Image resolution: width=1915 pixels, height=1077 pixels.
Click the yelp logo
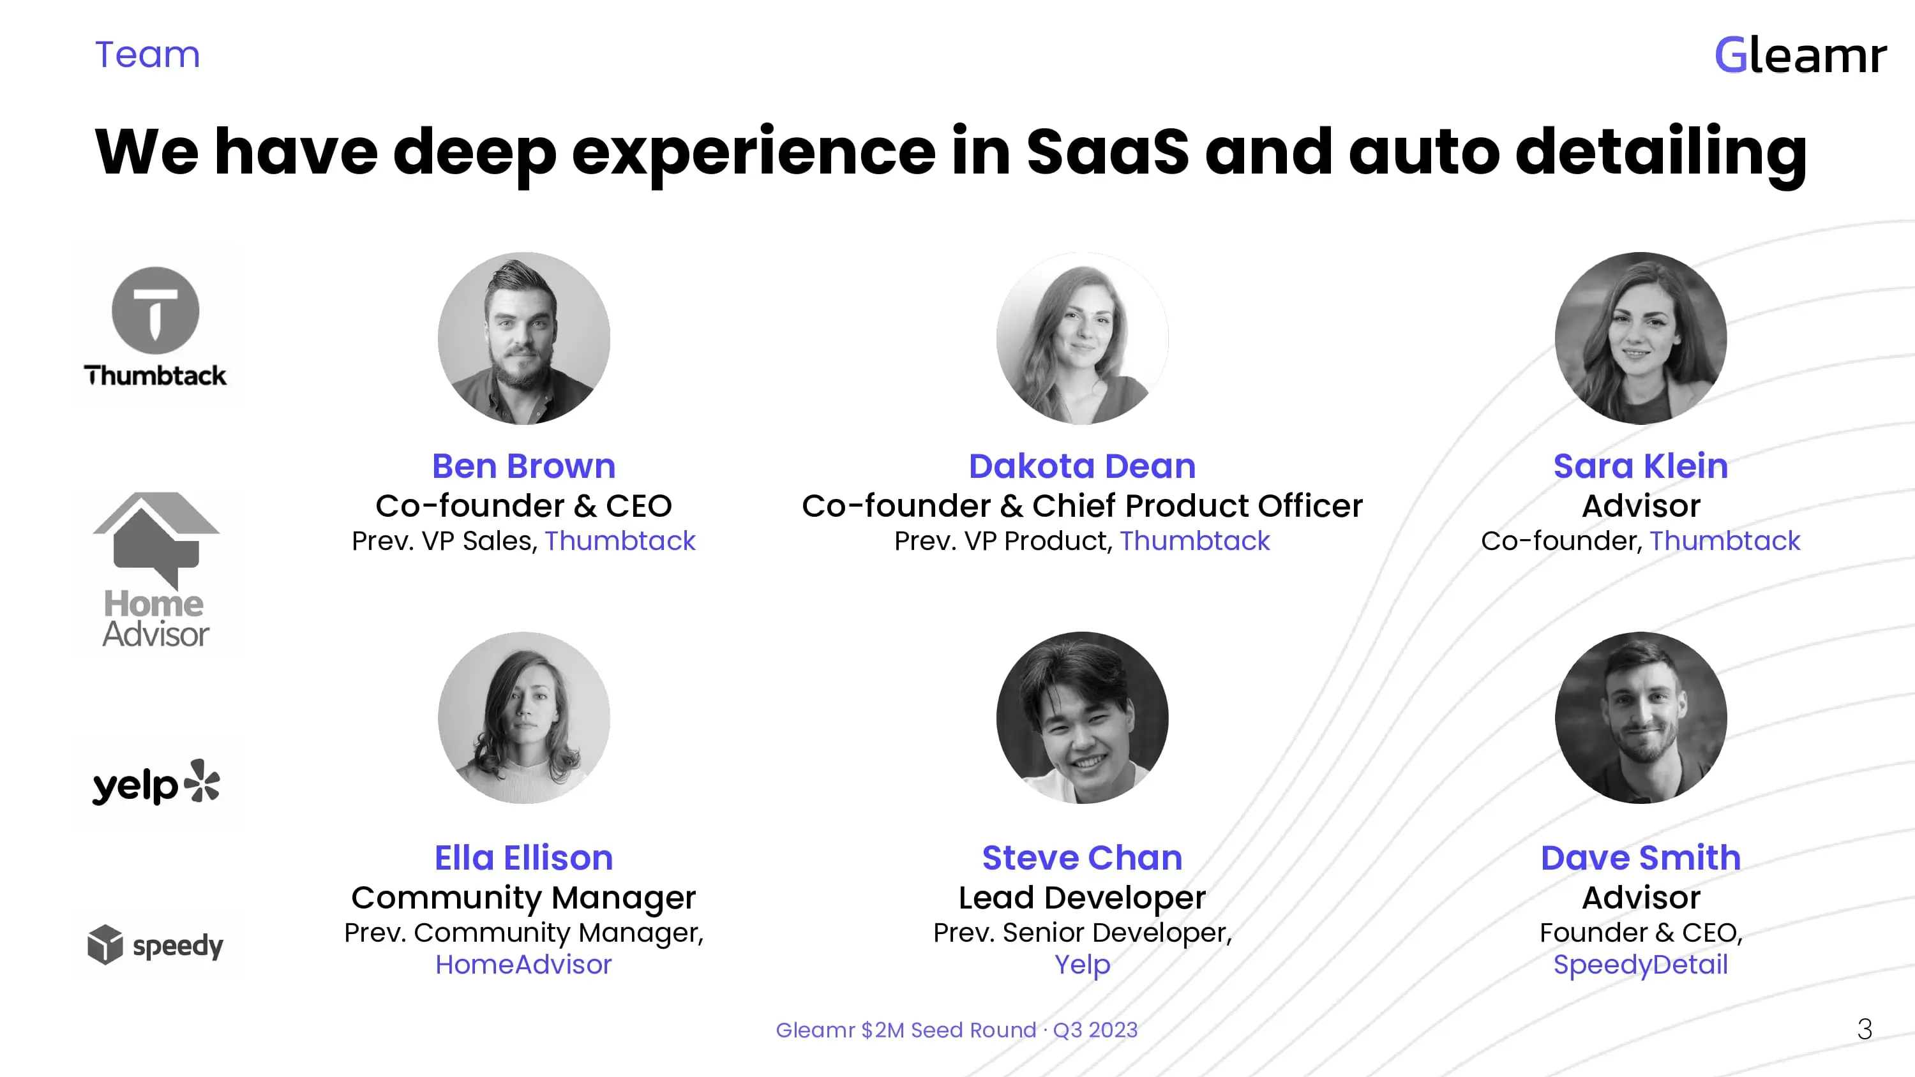pyautogui.click(x=156, y=783)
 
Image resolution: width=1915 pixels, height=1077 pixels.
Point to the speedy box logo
pyautogui.click(x=155, y=945)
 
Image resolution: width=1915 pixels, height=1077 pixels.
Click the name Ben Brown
pyautogui.click(x=524, y=466)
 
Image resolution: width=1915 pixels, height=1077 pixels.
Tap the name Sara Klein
pyautogui.click(x=1641, y=466)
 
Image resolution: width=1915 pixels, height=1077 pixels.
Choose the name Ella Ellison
pyautogui.click(x=524, y=858)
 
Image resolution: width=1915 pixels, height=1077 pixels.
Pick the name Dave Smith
pyautogui.click(x=1641, y=858)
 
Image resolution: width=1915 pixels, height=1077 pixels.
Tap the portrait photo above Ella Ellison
pyautogui.click(x=524, y=717)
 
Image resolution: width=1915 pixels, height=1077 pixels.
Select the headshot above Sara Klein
pyautogui.click(x=1641, y=338)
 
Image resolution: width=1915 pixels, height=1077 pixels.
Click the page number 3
pyautogui.click(x=1865, y=1029)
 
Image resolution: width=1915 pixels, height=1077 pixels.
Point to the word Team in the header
pyautogui.click(x=148, y=55)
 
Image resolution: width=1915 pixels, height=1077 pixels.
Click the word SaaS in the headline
pyautogui.click(x=1108, y=152)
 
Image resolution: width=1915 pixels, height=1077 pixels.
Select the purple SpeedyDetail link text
pyautogui.click(x=1641, y=965)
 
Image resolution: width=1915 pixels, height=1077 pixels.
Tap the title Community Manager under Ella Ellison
pyautogui.click(x=524, y=898)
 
